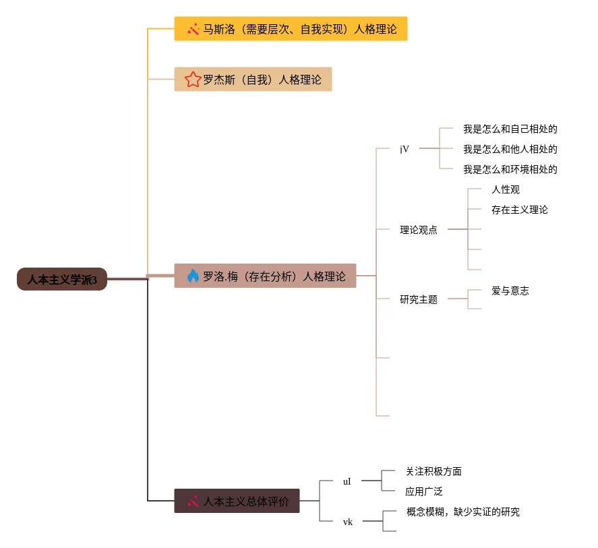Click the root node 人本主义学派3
[x=62, y=279]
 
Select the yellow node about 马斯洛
[x=291, y=29]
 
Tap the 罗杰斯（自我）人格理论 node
[x=253, y=80]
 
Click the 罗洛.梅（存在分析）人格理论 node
[x=265, y=276]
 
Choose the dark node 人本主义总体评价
[x=237, y=501]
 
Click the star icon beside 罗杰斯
[x=193, y=80]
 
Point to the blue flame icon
[x=193, y=276]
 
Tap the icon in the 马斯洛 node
[x=193, y=29]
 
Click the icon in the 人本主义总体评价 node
[x=193, y=501]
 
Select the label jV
[x=404, y=149]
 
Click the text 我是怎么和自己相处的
[x=510, y=129]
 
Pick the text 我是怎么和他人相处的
[x=510, y=149]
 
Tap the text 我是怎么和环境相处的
[x=510, y=169]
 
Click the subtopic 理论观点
[x=418, y=230]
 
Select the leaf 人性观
[x=506, y=189]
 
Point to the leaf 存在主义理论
[x=520, y=210]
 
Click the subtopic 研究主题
[x=418, y=299]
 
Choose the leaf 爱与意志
[x=510, y=291]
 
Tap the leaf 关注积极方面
[x=433, y=471]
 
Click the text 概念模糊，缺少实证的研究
[x=463, y=512]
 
